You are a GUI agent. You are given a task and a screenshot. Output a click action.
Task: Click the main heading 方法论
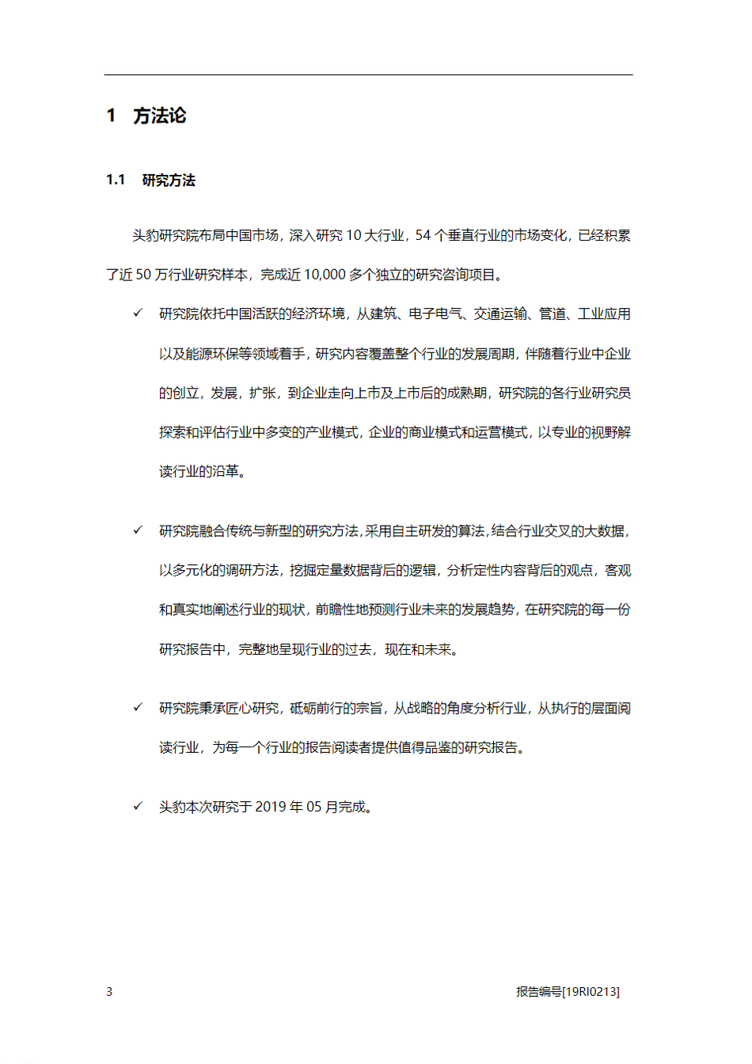[159, 116]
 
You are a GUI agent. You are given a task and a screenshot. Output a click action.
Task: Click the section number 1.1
[116, 180]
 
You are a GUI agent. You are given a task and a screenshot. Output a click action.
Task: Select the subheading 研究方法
[169, 180]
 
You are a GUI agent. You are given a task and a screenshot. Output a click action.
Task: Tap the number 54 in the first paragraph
[423, 235]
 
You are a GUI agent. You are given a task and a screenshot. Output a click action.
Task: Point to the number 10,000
[325, 275]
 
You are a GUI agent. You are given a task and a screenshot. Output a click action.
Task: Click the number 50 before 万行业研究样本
[143, 275]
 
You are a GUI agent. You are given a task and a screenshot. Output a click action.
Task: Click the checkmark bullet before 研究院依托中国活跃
[138, 313]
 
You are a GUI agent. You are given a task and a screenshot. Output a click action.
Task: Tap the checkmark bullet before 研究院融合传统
[138, 530]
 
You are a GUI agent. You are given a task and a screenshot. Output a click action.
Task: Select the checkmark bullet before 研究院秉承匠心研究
[138, 708]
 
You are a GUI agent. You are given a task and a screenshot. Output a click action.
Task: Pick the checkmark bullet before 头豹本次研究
[138, 806]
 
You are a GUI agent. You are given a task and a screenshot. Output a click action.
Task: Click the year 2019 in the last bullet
[271, 807]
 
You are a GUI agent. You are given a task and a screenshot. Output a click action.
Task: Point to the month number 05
[314, 807]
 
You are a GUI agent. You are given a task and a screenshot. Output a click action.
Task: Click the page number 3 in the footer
[109, 992]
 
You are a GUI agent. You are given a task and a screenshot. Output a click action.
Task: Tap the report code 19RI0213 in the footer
[591, 992]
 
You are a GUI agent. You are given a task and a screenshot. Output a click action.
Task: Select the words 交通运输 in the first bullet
[500, 314]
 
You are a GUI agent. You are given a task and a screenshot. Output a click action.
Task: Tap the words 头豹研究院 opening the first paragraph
[165, 235]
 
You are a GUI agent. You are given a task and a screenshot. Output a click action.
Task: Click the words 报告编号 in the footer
[539, 992]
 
